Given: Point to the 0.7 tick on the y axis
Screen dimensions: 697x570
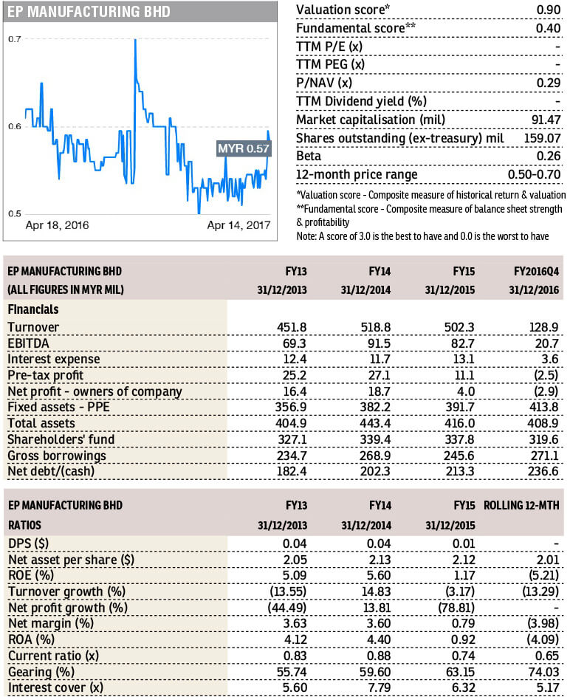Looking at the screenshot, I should pos(15,38).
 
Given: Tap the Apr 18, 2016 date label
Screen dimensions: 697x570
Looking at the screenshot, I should pos(57,224).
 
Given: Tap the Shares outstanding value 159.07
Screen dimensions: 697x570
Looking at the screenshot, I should pos(542,138).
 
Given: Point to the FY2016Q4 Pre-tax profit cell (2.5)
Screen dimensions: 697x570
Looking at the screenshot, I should pos(545,375).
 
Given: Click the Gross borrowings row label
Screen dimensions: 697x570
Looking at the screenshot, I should pos(56,456).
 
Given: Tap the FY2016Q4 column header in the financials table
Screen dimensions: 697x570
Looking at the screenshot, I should pos(532,271).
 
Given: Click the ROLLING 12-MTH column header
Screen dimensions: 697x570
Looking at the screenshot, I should pos(523,506).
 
